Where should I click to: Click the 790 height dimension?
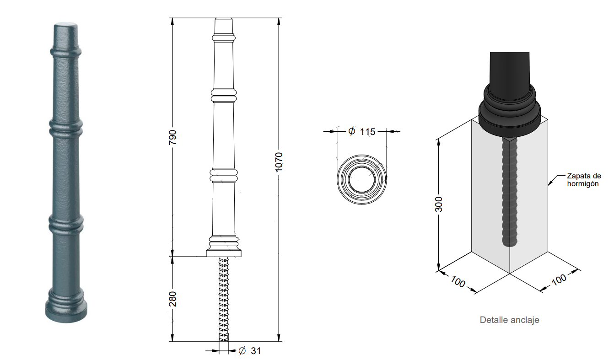point(172,137)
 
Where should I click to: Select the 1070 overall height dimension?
point(279,162)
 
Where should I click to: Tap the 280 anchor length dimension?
point(172,299)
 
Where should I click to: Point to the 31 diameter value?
point(256,351)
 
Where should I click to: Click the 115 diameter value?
point(367,132)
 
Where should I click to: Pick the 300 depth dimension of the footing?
point(439,204)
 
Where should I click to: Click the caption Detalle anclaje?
point(509,320)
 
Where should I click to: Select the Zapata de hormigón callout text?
point(584,180)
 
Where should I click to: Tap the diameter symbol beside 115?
point(352,131)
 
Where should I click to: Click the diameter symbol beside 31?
point(242,351)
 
